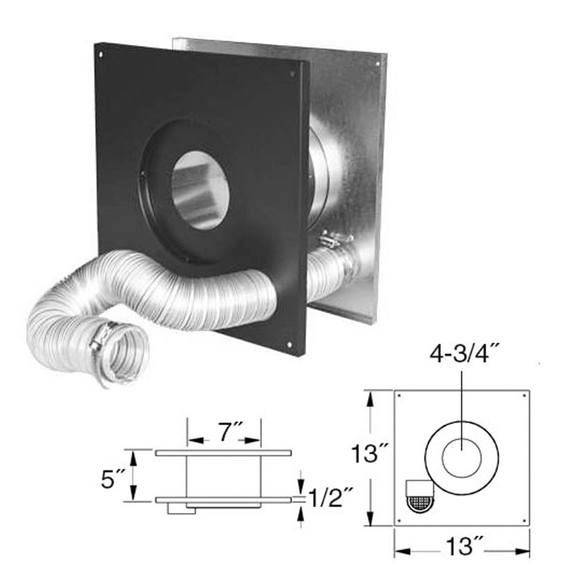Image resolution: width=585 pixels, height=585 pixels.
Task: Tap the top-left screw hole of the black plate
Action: click(101, 54)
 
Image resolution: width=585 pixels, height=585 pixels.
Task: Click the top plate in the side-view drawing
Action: click(223, 453)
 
